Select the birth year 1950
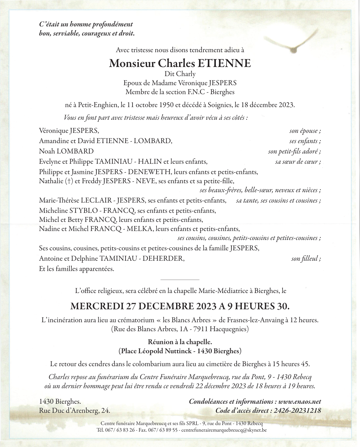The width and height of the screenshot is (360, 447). pyautogui.click(x=160, y=105)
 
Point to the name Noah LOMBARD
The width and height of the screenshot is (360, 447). pyautogui.click(x=66, y=151)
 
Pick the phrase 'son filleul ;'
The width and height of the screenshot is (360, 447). pyautogui.click(x=306, y=259)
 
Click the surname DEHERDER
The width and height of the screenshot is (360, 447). pyautogui.click(x=163, y=259)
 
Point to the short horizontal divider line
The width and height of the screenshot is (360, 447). pyautogui.click(x=180, y=279)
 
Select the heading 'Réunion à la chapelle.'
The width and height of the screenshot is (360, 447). pyautogui.click(x=180, y=342)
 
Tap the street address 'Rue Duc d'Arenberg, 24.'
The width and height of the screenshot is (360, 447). pyautogui.click(x=74, y=411)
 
